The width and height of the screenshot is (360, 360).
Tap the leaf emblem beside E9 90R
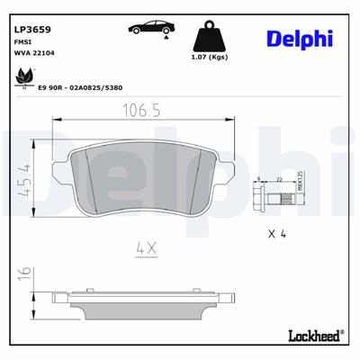[20, 82]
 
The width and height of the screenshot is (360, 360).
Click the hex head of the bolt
[256, 193]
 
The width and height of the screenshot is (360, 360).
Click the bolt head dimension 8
[258, 180]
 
